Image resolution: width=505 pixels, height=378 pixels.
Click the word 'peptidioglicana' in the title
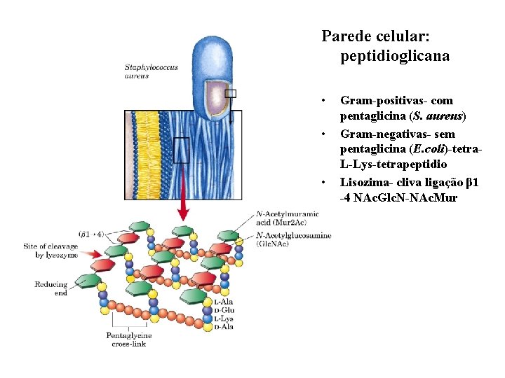(x=395, y=55)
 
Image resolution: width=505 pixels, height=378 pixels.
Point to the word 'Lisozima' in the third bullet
(x=365, y=182)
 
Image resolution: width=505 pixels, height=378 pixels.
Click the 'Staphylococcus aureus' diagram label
(x=151, y=71)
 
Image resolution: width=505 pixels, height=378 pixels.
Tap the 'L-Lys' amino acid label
(x=224, y=318)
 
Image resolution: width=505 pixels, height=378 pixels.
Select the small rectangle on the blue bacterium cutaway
(x=230, y=93)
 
